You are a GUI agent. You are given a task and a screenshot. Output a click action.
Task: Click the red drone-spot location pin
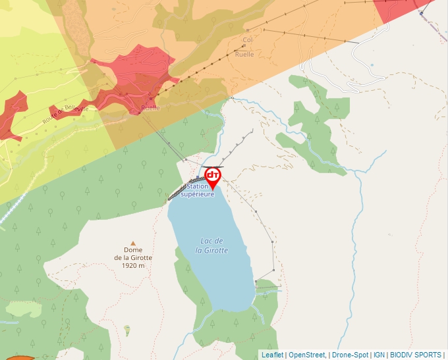[213, 176]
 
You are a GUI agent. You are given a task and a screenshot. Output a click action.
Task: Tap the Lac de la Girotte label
[214, 245]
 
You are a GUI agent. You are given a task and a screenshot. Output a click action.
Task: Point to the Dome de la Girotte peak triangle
[133, 244]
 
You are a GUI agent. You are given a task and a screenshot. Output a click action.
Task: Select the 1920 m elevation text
[133, 266]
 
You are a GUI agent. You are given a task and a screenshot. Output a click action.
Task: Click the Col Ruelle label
[247, 47]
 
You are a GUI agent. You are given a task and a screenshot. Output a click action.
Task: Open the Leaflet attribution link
[272, 355]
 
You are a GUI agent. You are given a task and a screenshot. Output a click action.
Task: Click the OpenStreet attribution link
[306, 355]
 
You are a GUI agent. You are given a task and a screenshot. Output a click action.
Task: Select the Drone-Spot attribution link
[349, 355]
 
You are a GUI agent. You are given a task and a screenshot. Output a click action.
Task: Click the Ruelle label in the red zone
[150, 107]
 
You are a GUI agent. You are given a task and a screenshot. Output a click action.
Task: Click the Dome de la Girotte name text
[133, 253]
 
